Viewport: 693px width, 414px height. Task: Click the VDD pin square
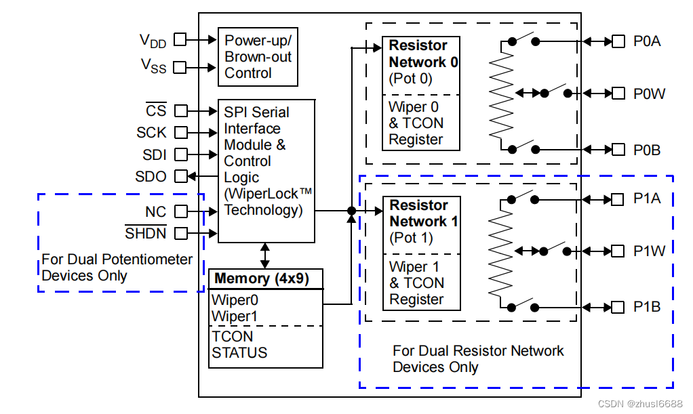point(180,39)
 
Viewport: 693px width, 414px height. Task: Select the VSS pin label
point(153,66)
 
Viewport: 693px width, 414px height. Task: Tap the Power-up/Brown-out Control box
point(258,57)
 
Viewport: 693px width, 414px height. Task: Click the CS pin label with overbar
point(156,110)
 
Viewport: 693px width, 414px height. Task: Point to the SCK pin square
point(180,133)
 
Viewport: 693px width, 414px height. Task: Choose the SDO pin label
point(151,177)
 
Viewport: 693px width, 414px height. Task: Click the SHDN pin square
point(180,233)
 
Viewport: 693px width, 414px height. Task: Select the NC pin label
point(155,211)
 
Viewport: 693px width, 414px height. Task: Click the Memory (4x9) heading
point(262,278)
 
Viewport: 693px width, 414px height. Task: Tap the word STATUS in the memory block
point(239,352)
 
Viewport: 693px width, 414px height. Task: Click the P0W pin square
point(618,94)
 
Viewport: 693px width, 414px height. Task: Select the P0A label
point(647,41)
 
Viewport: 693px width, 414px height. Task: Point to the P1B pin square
point(618,307)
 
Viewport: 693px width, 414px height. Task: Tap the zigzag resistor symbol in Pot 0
point(501,95)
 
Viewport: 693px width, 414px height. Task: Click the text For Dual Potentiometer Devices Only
point(117,268)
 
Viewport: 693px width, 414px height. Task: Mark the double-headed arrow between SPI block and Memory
point(264,255)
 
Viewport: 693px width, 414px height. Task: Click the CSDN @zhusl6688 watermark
point(640,404)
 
